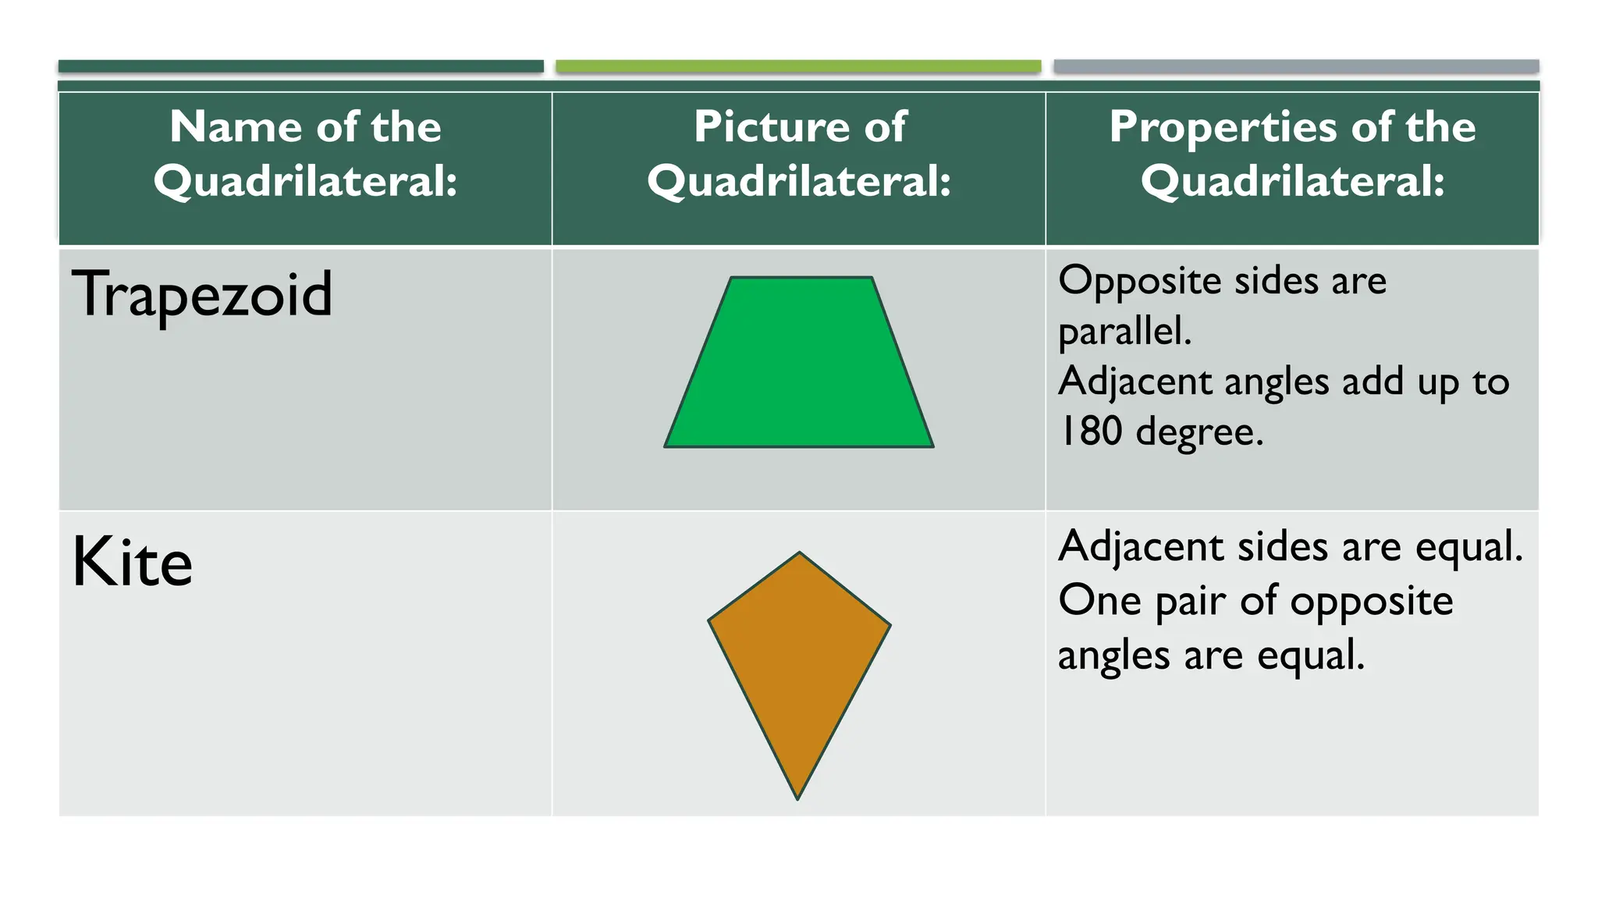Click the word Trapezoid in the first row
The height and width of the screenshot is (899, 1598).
point(202,295)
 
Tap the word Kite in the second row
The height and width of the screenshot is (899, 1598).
point(132,563)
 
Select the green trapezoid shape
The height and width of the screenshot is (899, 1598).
point(799,367)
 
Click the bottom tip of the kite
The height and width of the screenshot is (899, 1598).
point(797,798)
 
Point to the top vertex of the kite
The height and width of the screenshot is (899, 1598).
point(799,554)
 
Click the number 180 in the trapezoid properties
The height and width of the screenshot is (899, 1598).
point(1090,431)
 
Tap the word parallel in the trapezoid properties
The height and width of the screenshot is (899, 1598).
point(1124,332)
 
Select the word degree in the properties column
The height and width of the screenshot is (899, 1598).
point(1198,432)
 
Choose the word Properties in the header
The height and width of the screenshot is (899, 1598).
point(1224,126)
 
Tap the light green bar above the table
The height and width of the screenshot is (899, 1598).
point(798,66)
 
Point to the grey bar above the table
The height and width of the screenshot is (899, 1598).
point(1296,66)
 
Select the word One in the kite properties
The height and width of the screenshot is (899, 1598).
point(1099,601)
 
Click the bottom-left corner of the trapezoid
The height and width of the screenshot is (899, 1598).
point(666,446)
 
